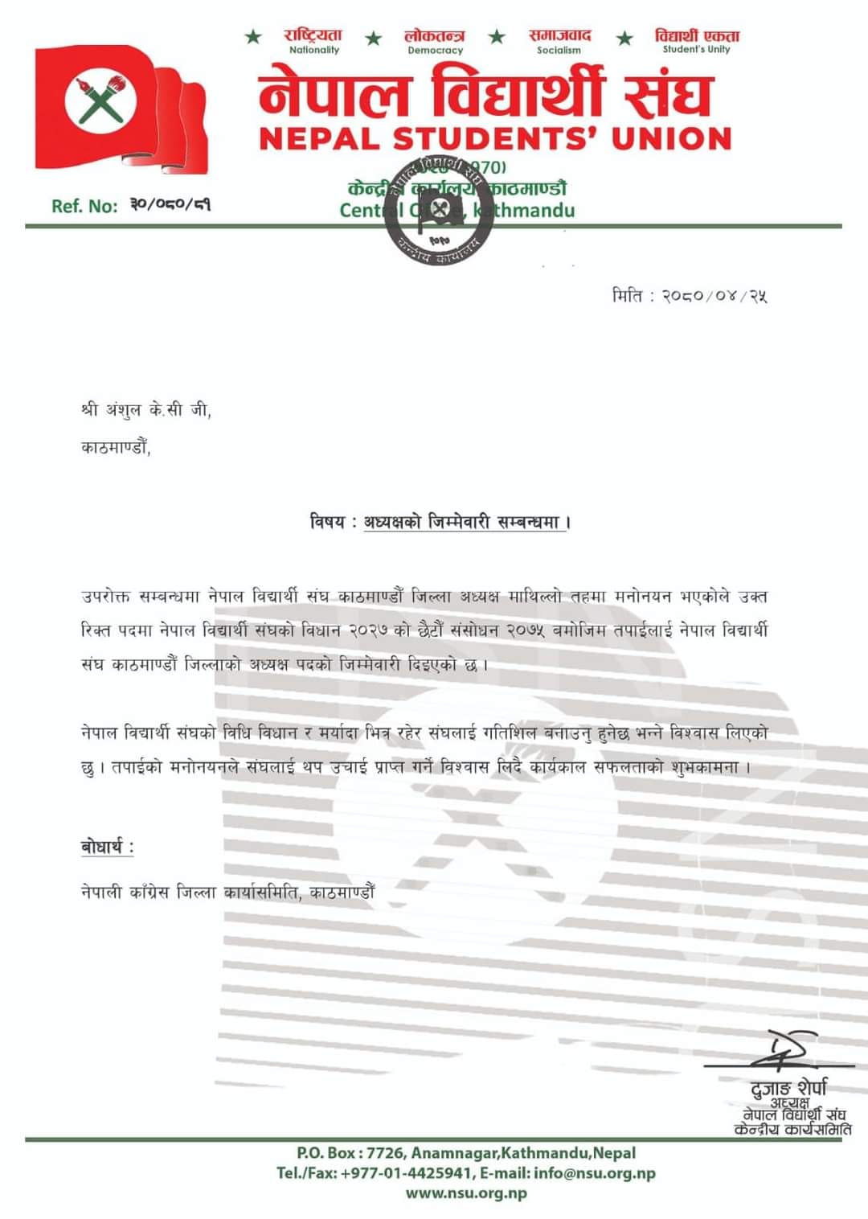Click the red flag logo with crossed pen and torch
(x=121, y=109)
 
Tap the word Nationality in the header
(x=314, y=50)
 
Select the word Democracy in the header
(x=436, y=50)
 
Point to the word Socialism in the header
(x=559, y=50)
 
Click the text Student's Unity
(x=696, y=49)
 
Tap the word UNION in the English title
(x=671, y=139)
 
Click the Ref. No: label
(x=84, y=206)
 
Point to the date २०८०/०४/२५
(x=714, y=296)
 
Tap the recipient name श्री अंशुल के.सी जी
(x=145, y=410)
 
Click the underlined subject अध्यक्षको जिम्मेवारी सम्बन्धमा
(x=462, y=522)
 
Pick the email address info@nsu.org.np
(x=594, y=1173)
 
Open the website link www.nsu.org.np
(x=466, y=1193)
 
